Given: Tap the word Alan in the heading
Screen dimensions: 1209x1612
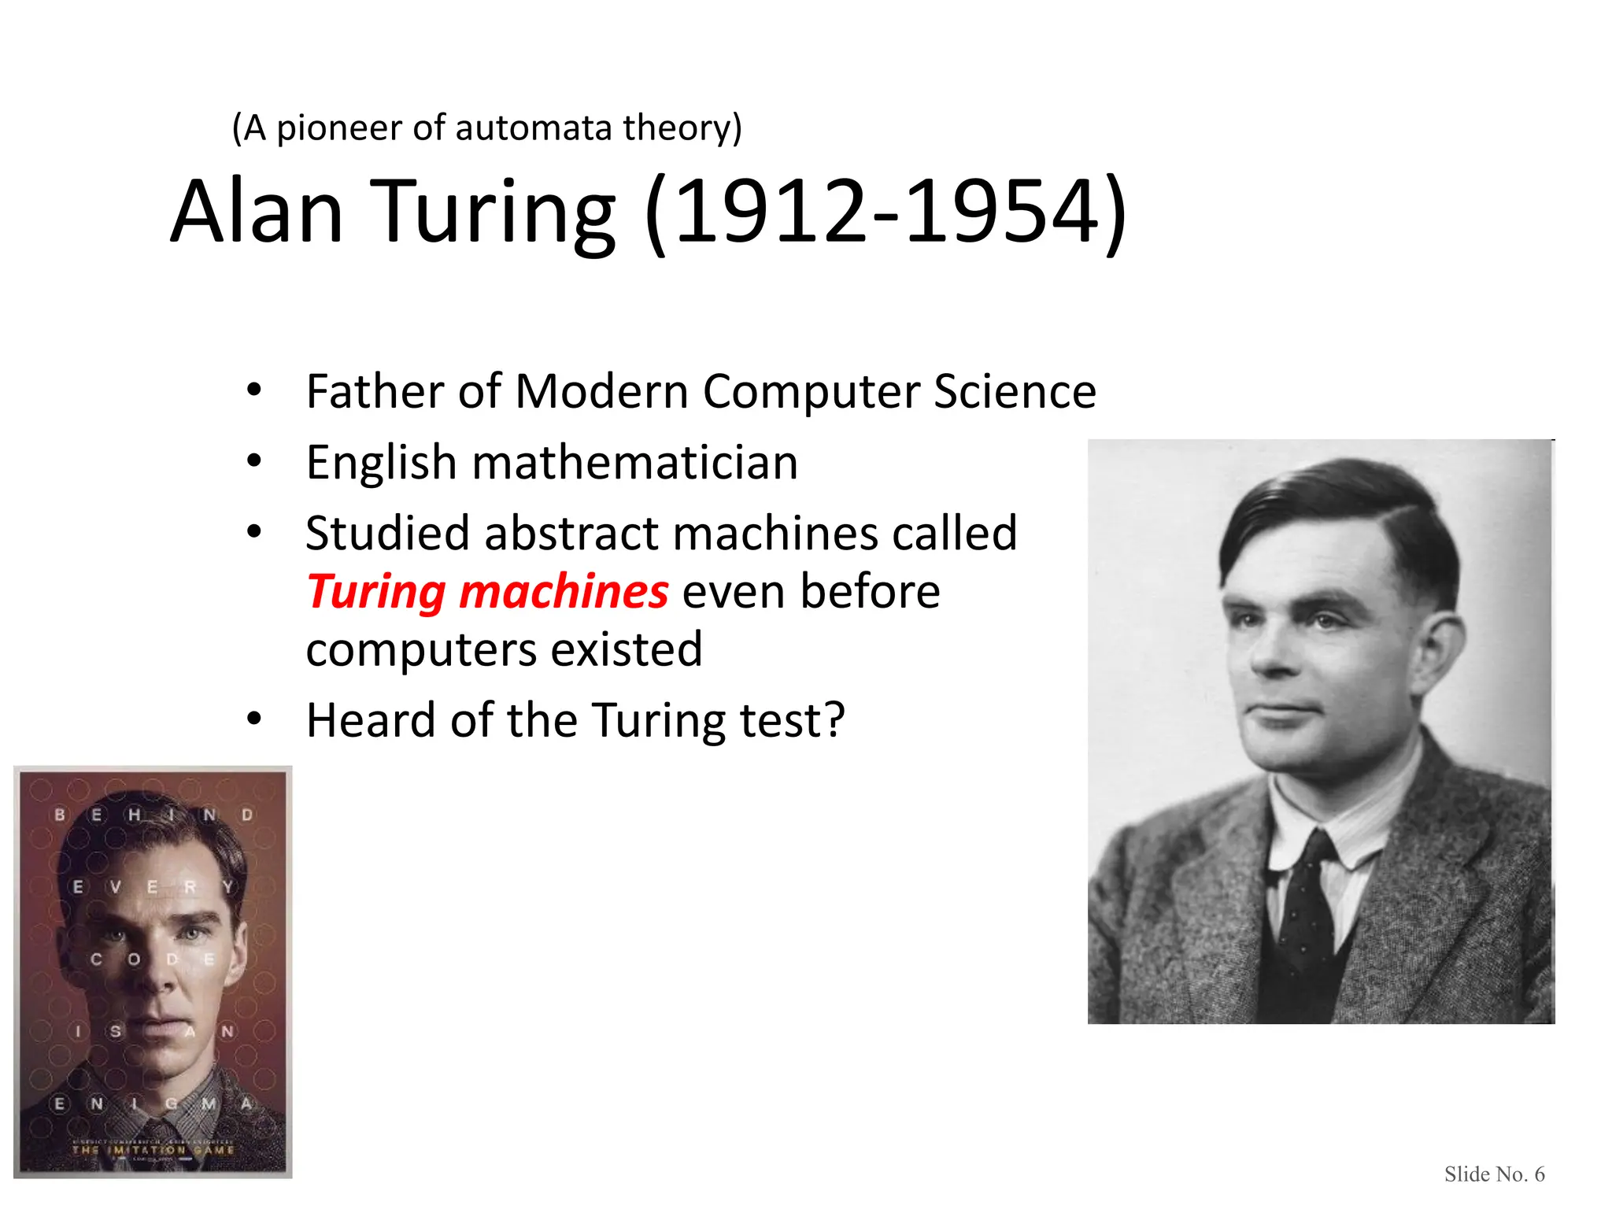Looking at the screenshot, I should (x=257, y=211).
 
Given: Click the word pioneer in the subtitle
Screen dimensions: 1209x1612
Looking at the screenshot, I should (x=338, y=128).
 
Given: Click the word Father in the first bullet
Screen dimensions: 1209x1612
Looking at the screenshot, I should (x=375, y=391).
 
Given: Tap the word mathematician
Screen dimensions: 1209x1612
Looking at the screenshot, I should (x=634, y=462).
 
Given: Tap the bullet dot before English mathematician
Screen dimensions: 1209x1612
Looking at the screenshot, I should (x=253, y=461).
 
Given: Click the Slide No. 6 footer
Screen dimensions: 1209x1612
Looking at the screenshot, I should (x=1494, y=1174).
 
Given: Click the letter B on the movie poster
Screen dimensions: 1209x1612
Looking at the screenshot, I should (x=60, y=814).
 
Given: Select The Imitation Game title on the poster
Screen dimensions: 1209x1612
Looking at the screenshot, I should (x=153, y=1150).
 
